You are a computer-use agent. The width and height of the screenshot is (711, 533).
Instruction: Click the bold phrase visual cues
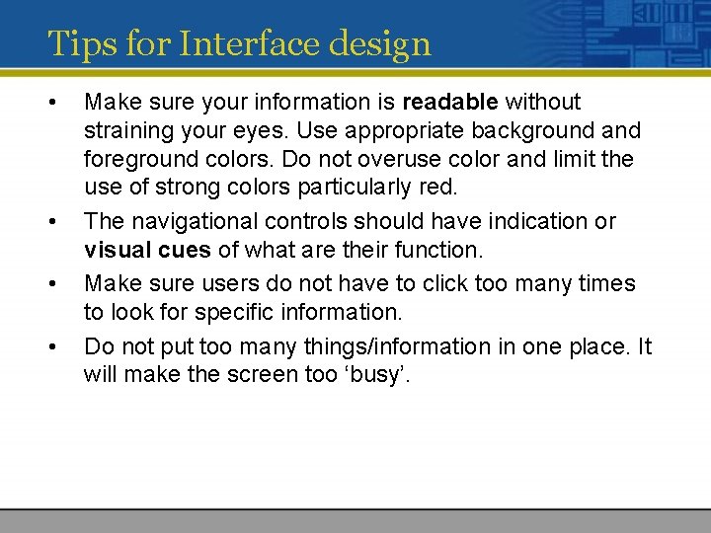[x=147, y=250]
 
